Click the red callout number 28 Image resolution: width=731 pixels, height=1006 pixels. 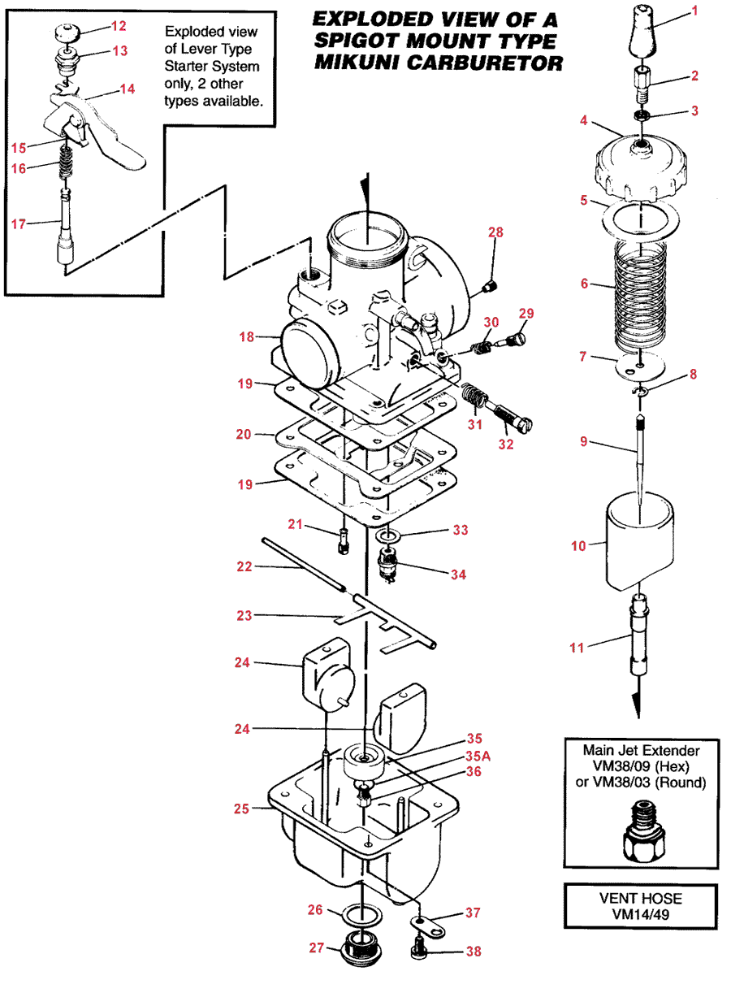point(495,232)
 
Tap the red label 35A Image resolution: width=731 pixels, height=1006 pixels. point(478,757)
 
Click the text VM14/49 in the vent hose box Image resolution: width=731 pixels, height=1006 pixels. point(640,914)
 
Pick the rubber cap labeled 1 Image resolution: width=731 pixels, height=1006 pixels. point(642,29)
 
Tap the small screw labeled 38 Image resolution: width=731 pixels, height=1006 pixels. point(419,952)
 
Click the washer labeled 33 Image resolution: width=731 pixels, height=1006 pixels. point(387,536)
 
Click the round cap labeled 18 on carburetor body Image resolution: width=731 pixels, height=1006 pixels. point(309,353)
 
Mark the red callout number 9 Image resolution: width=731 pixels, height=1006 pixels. point(583,441)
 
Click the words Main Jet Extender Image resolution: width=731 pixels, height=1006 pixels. point(641,750)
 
